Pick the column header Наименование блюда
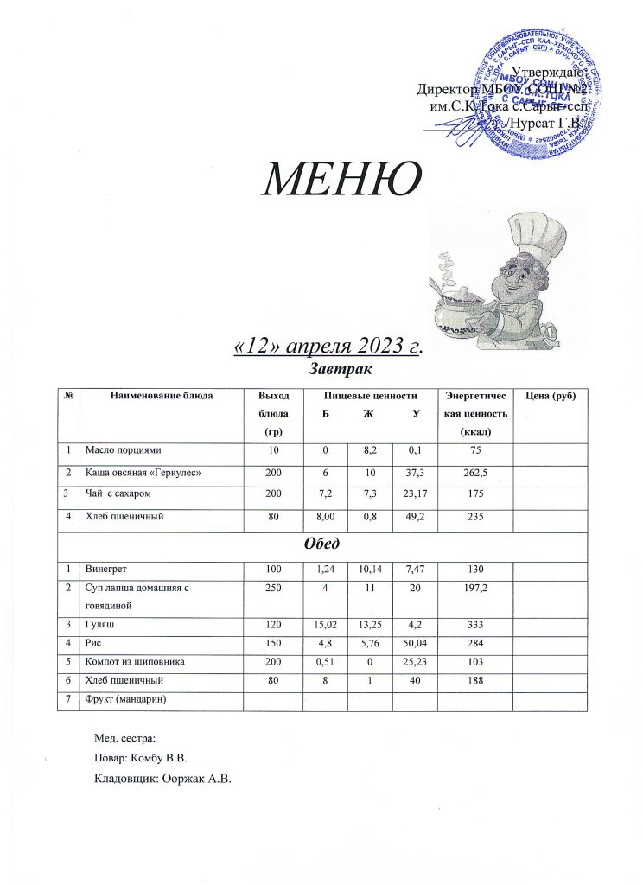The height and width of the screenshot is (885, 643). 161,396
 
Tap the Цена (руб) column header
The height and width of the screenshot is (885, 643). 551,396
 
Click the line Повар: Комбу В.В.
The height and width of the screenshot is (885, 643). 141,758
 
